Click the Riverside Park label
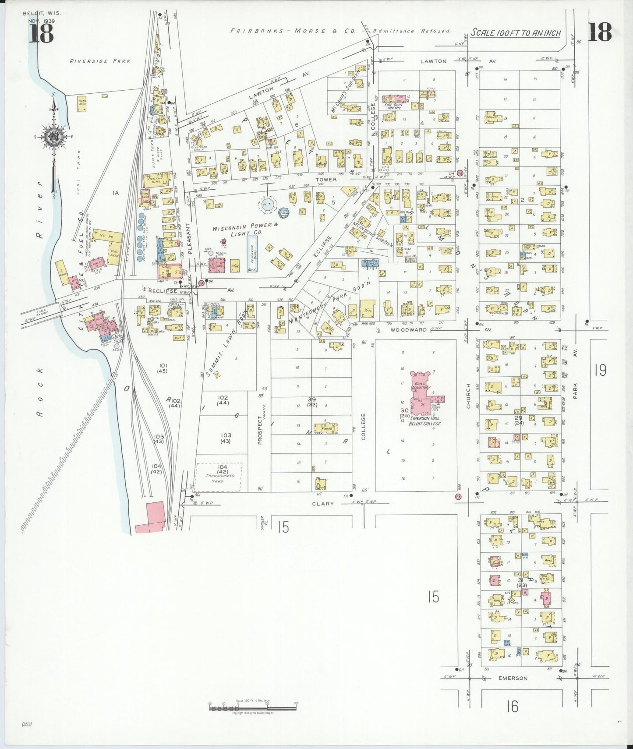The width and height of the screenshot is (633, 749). tap(100, 61)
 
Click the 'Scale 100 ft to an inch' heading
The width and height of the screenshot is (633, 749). tap(516, 33)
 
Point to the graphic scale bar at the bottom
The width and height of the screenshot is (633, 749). tap(252, 706)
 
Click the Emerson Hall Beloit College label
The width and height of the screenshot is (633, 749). tap(424, 421)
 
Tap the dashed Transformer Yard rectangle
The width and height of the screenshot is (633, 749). tap(218, 477)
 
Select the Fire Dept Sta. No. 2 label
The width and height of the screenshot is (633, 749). tap(398, 105)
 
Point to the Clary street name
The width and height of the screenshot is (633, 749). tap(323, 504)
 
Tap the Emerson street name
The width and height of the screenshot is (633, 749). tap(513, 678)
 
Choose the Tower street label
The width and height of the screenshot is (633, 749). tap(326, 180)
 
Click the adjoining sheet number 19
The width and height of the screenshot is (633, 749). tap(600, 371)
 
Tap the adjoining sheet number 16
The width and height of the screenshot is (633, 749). tap(512, 707)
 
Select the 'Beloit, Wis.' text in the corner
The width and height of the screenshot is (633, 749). tap(42, 13)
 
